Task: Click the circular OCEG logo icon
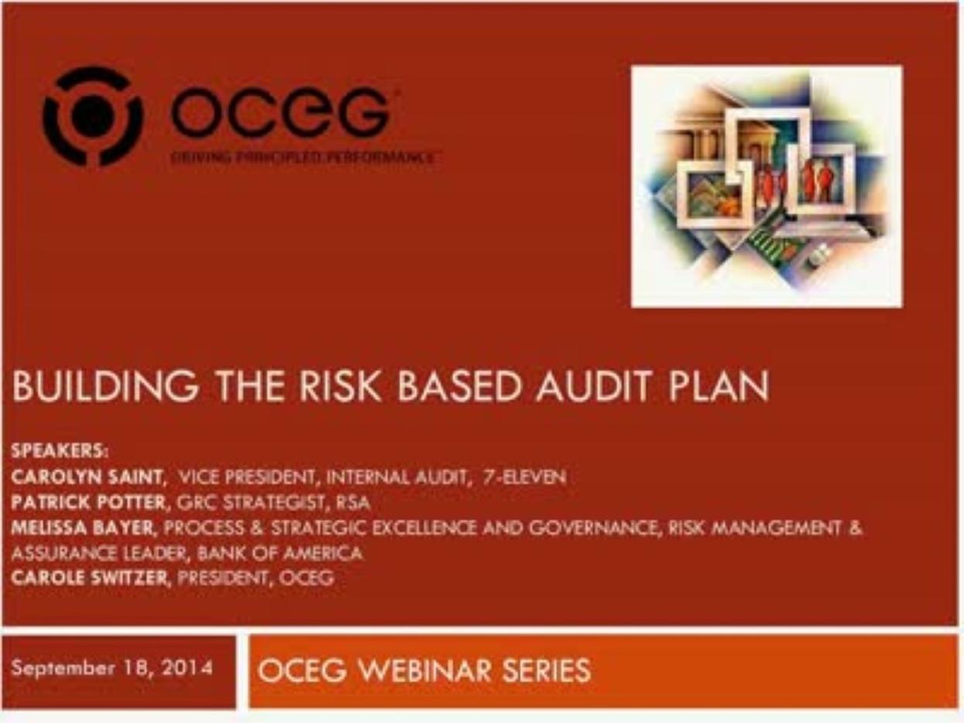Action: [92, 116]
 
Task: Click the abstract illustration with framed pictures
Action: [766, 186]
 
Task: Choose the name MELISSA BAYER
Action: [85, 528]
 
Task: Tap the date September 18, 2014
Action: [112, 668]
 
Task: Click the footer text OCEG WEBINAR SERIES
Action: [424, 670]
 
